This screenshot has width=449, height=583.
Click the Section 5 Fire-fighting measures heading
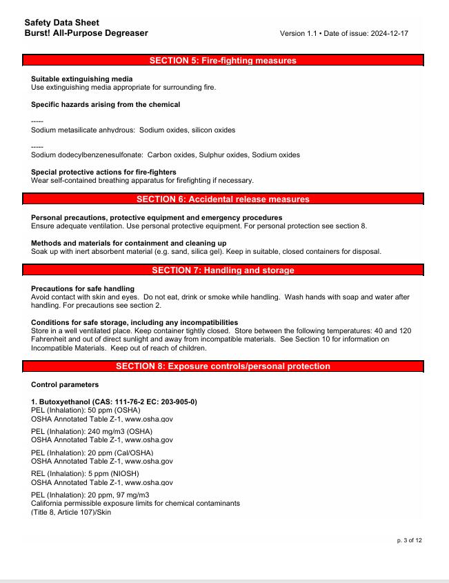[223, 61]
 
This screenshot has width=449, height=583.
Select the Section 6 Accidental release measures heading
[223, 199]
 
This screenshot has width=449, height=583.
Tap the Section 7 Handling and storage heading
[223, 270]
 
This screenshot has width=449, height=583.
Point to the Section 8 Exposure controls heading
[223, 366]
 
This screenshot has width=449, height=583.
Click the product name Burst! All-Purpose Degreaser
[86, 33]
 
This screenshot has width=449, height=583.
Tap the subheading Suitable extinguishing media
[82, 79]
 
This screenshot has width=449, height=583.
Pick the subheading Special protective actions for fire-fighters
[103, 172]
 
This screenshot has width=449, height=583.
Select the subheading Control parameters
[64, 384]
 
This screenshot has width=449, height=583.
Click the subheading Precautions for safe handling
[83, 288]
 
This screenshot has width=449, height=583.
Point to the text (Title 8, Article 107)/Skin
[71, 512]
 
